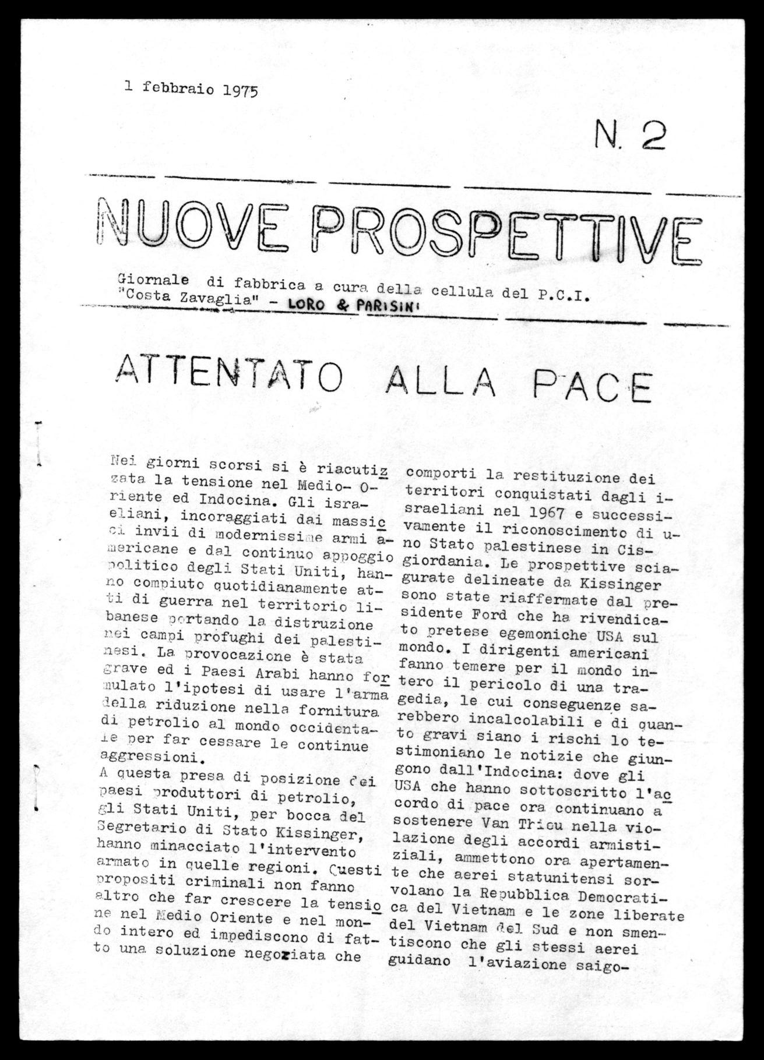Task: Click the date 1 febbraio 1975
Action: coord(191,89)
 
